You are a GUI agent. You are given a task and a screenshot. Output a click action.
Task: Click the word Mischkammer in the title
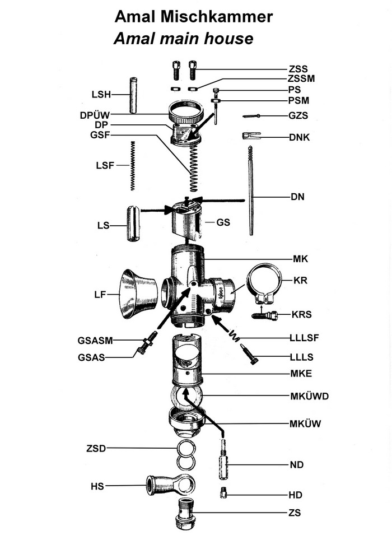point(222,17)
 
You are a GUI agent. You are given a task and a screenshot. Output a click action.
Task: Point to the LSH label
point(101,93)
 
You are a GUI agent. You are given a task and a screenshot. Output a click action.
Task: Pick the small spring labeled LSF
point(133,166)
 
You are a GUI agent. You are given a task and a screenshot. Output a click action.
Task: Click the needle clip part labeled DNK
point(251,136)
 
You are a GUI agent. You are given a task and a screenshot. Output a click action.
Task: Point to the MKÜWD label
point(309,396)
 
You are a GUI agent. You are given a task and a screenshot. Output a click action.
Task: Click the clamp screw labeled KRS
point(265,315)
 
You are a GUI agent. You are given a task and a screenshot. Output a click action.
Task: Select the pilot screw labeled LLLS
point(249,354)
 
